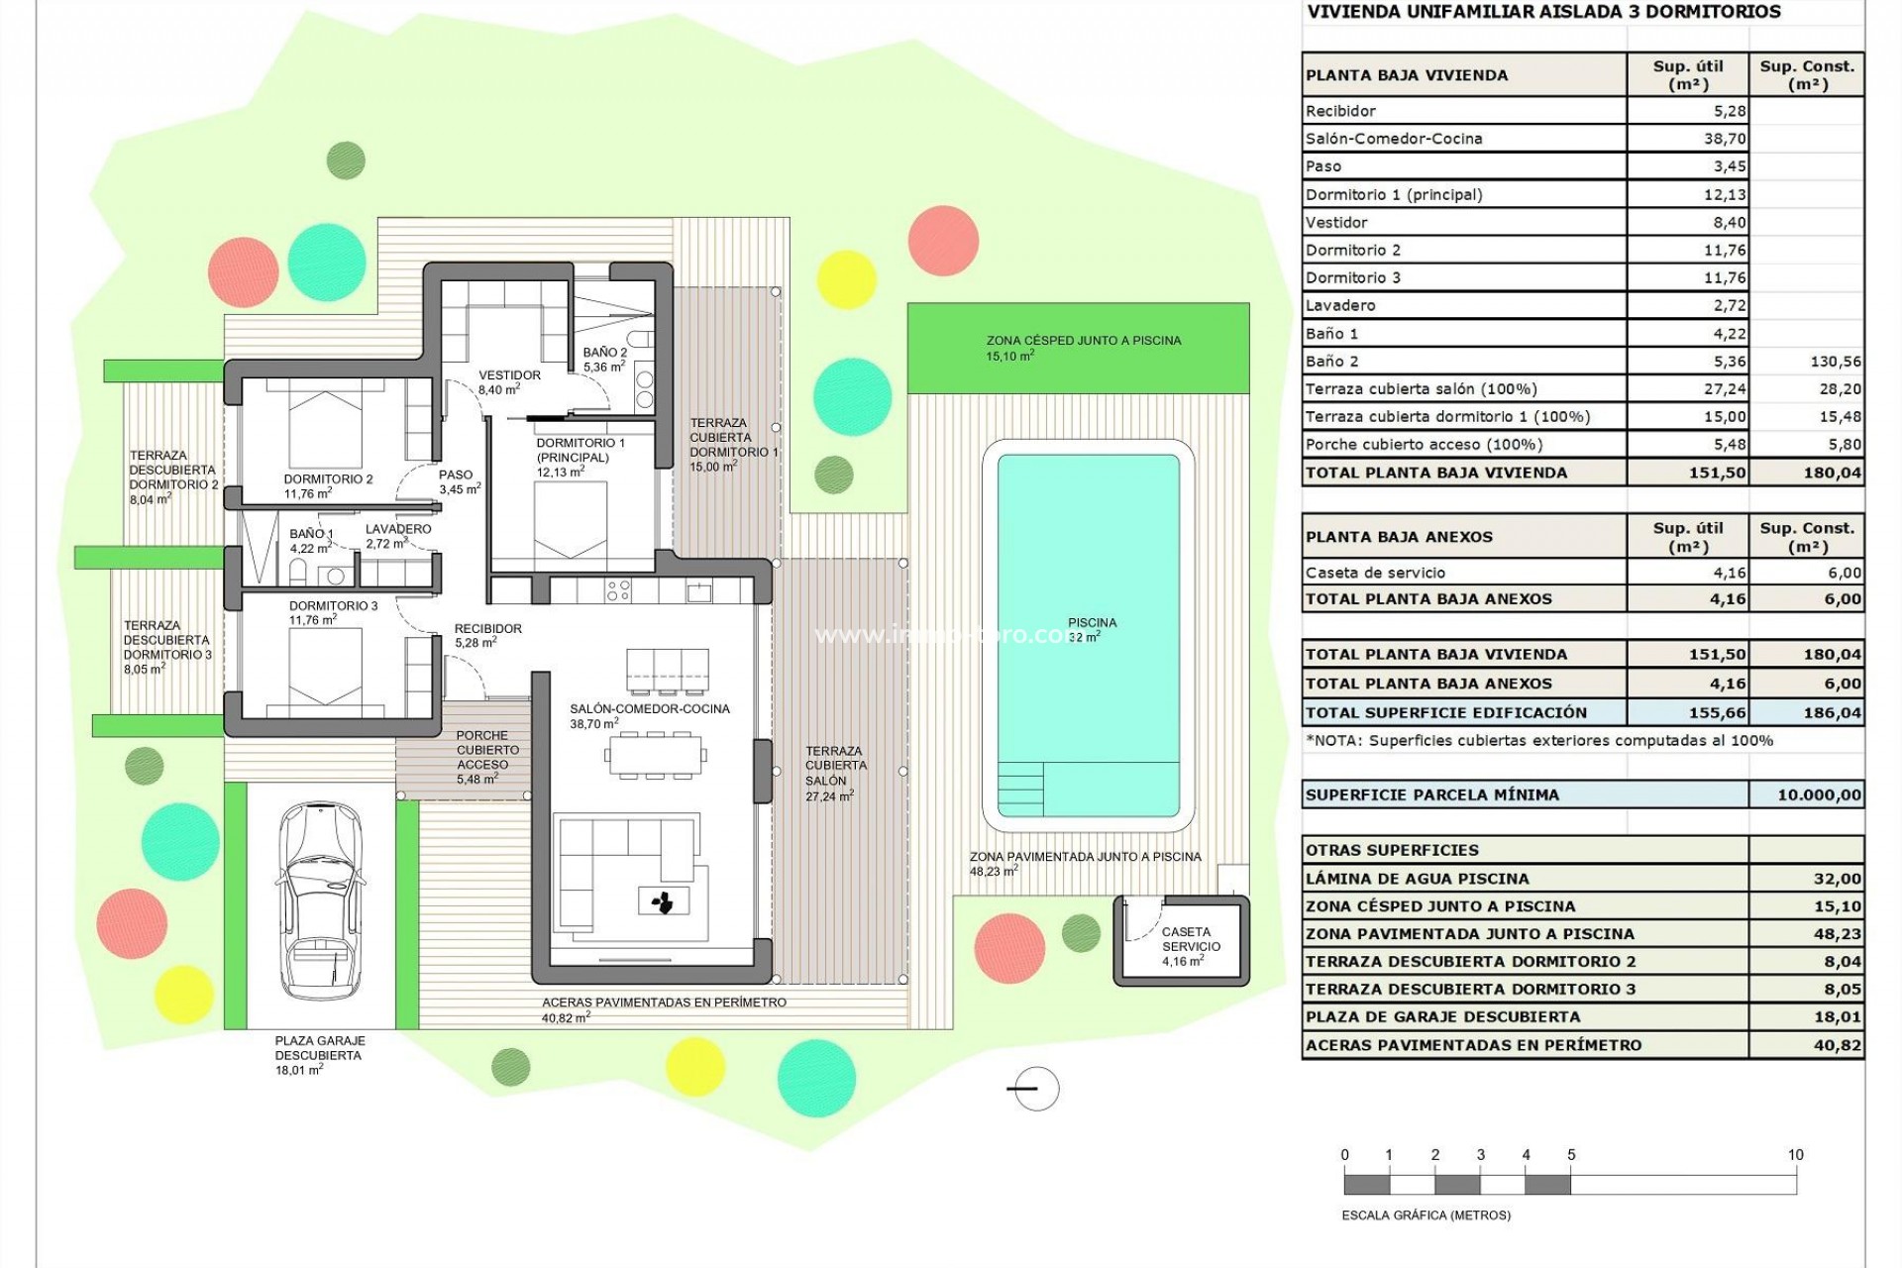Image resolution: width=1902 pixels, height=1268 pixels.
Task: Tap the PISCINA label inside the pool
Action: tap(1092, 623)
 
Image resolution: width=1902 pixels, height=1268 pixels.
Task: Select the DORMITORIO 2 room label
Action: tap(328, 479)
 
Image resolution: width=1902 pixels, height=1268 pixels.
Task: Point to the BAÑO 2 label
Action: tap(604, 353)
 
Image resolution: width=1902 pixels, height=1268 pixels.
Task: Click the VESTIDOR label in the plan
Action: tap(509, 375)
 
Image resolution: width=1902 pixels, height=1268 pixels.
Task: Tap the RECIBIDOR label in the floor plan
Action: tap(487, 629)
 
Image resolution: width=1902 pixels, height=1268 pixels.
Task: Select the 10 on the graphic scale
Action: tap(1795, 1155)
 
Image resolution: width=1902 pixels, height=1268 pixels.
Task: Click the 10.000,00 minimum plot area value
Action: tap(1819, 794)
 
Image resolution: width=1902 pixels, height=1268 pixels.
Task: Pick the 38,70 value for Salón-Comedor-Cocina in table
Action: tap(1725, 139)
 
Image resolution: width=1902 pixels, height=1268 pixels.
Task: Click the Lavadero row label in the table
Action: tap(1340, 305)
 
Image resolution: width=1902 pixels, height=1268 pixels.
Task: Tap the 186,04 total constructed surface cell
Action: tap(1832, 712)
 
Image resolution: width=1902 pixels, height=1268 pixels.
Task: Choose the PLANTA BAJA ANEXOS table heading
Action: tap(1399, 537)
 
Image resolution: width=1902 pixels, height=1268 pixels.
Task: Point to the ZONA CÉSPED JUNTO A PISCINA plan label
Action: tap(1084, 341)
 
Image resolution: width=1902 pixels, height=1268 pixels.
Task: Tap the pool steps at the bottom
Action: tap(1020, 788)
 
